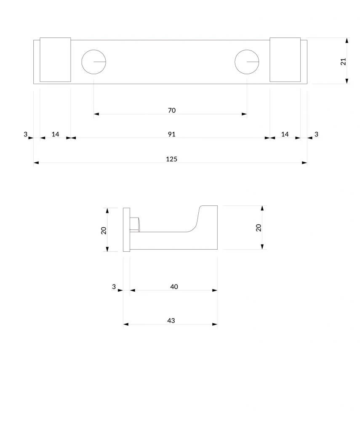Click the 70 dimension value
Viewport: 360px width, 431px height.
pyautogui.click(x=172, y=110)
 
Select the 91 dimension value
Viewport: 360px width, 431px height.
pyautogui.click(x=172, y=134)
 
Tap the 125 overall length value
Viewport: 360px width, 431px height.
pyautogui.click(x=171, y=159)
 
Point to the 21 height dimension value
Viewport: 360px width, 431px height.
pyautogui.click(x=343, y=61)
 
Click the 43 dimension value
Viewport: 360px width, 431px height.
pyautogui.click(x=171, y=320)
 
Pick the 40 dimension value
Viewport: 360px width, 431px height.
pyautogui.click(x=174, y=287)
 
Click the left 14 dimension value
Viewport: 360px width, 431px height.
pyautogui.click(x=55, y=134)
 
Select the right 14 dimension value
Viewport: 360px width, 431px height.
pyautogui.click(x=285, y=134)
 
